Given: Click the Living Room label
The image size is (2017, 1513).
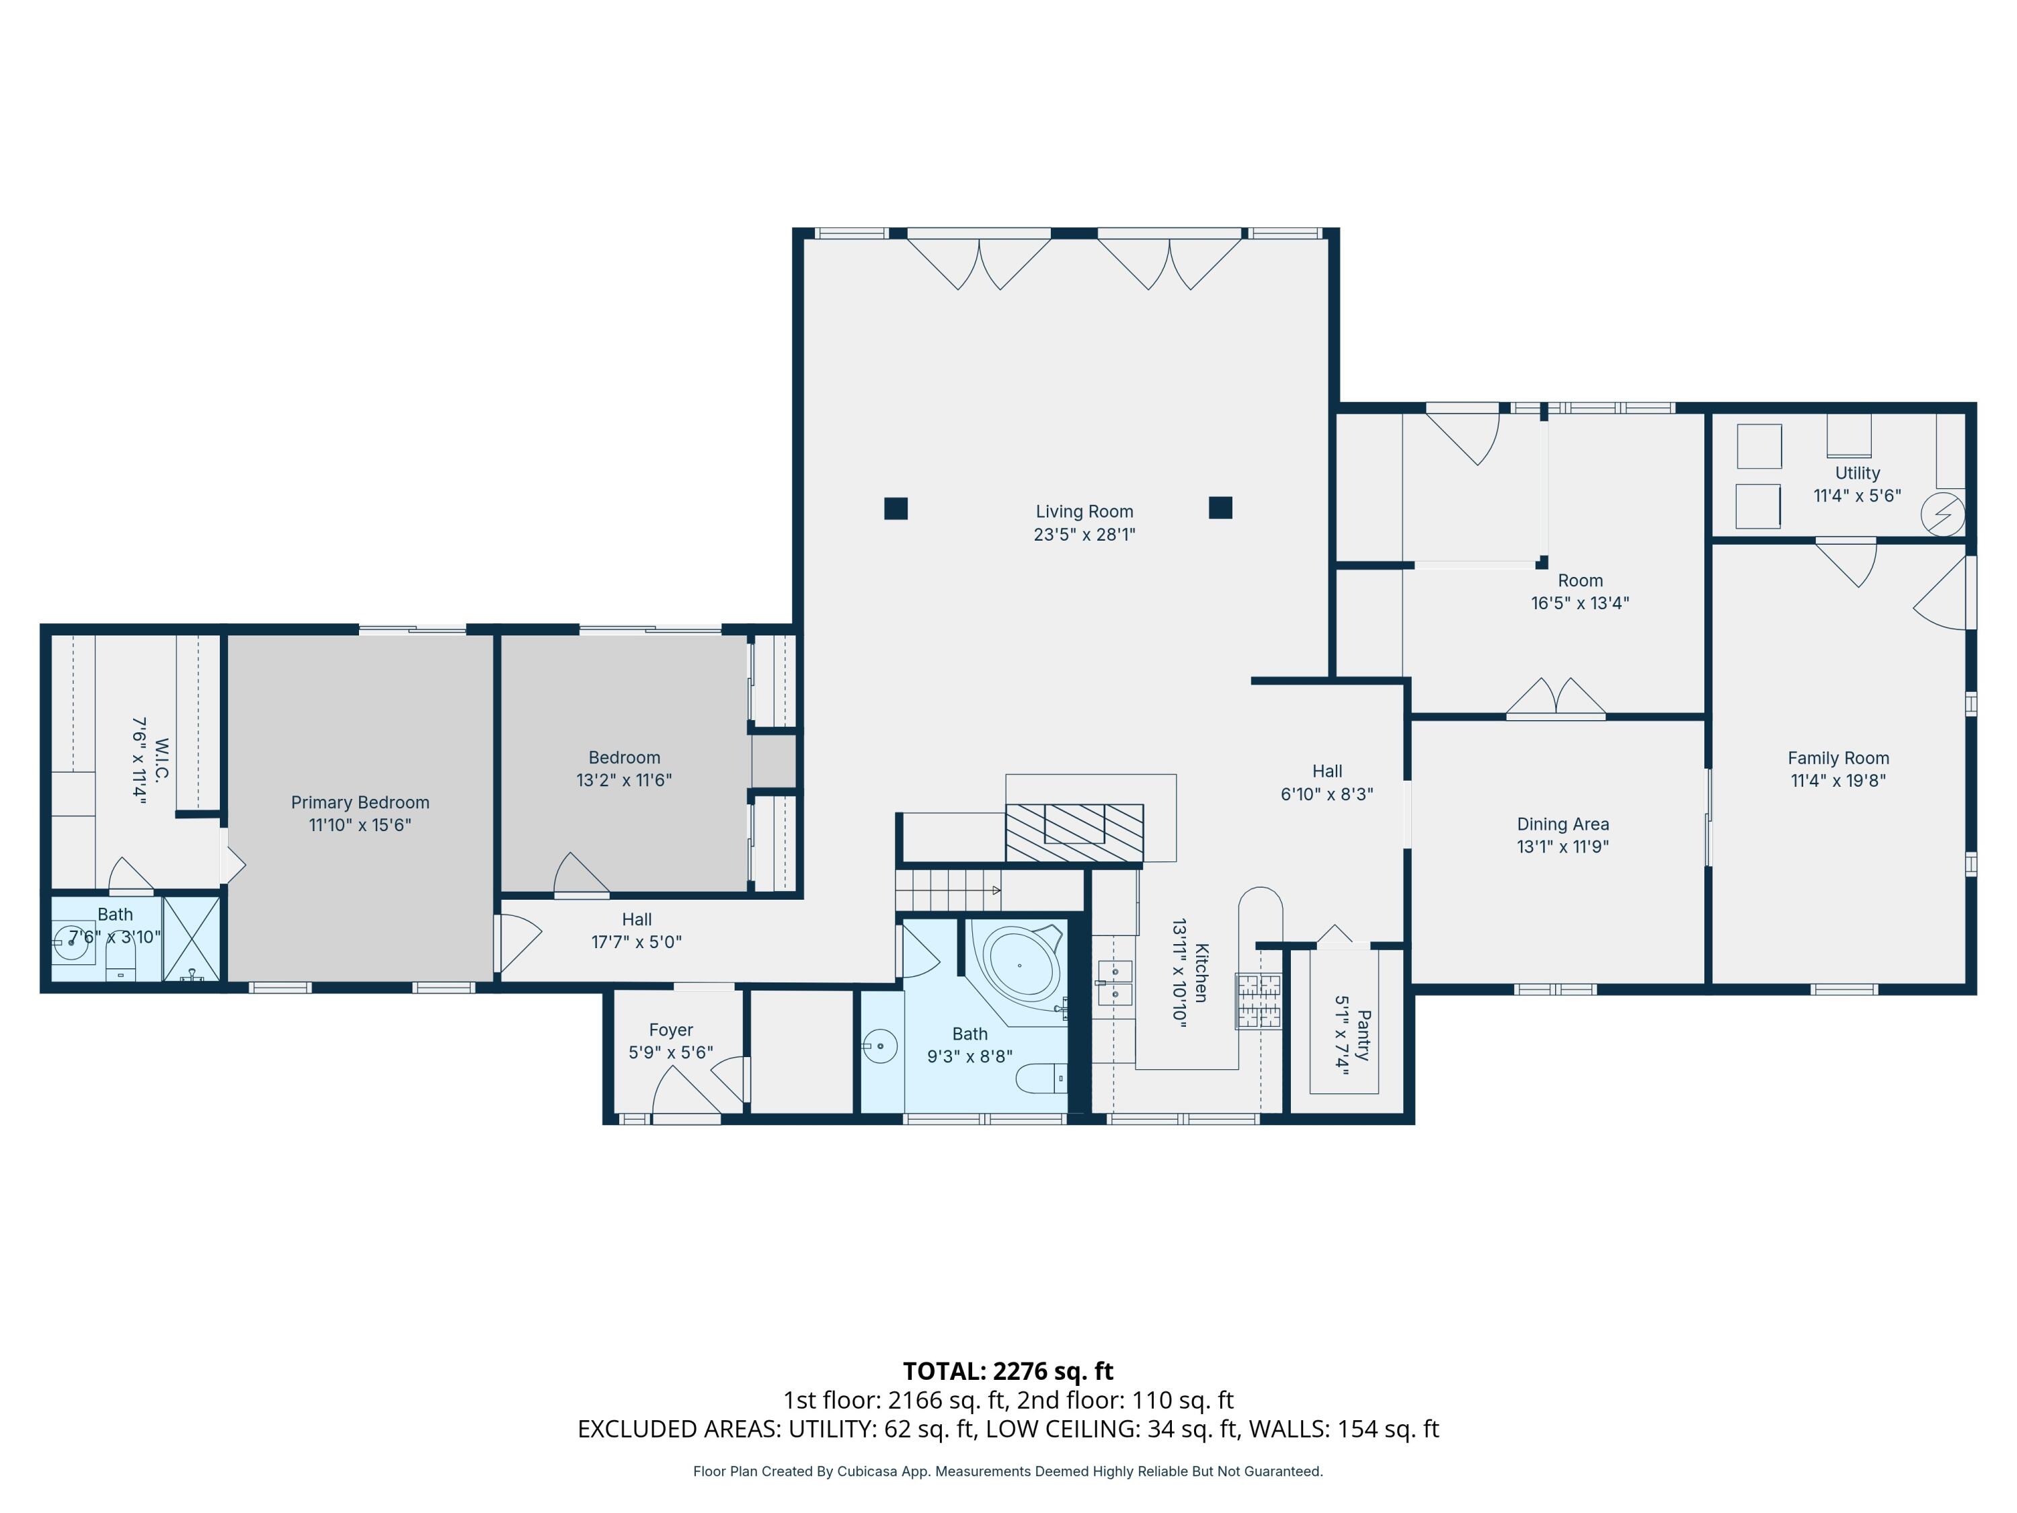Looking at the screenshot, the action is (x=1084, y=512).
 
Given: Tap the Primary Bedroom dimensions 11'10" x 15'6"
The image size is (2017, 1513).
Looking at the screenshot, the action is (x=360, y=825).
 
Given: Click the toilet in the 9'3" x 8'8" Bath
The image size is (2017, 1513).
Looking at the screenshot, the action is (x=1041, y=1079).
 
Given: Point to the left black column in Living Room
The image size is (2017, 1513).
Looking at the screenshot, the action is (x=896, y=508).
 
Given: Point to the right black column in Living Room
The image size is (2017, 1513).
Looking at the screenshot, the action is (x=1220, y=507).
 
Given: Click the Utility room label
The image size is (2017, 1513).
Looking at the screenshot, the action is (x=1858, y=473).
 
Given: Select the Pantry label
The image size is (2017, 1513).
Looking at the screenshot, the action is (x=1364, y=1035).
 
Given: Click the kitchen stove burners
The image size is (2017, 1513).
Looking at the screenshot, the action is (x=1259, y=1001).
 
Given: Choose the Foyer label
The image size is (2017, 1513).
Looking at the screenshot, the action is (x=671, y=1030).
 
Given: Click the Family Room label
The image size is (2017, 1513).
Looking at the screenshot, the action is (x=1838, y=758).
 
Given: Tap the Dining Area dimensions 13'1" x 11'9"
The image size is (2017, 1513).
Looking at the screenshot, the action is (x=1563, y=847).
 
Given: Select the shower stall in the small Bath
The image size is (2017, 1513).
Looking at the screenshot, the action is (x=192, y=939).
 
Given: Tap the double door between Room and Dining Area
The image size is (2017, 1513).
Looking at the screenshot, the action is (x=1556, y=699).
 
